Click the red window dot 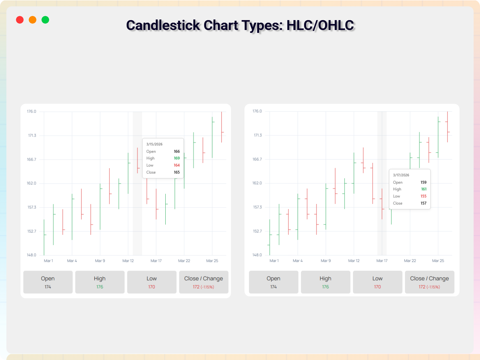tap(20, 20)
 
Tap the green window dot tap(45, 20)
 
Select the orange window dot tap(33, 20)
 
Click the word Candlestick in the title tap(163, 25)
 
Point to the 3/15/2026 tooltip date tap(154, 144)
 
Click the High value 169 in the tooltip tap(177, 158)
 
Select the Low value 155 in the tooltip tap(424, 196)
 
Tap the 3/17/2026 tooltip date tap(401, 175)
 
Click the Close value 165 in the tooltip tap(177, 172)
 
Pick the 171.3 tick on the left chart tap(32, 136)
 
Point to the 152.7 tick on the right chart tap(257, 231)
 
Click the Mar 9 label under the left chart tap(100, 261)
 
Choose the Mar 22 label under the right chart tap(410, 261)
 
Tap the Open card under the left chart tap(48, 282)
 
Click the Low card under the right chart tap(378, 282)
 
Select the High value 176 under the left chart tap(100, 287)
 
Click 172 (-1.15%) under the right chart tap(429, 287)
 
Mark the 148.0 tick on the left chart tap(32, 255)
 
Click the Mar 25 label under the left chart tap(212, 261)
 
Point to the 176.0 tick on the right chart tap(257, 111)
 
